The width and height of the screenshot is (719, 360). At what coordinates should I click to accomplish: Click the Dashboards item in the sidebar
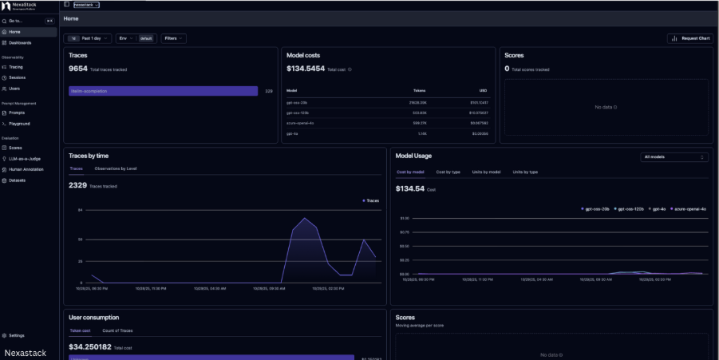pos(21,42)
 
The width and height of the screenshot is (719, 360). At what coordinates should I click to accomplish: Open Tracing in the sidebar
pos(17,67)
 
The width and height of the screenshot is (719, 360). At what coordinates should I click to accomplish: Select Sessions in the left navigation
pos(18,77)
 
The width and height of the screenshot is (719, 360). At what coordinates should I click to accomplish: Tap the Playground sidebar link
pos(20,124)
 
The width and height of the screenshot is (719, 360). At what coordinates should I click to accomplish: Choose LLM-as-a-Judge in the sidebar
pos(24,159)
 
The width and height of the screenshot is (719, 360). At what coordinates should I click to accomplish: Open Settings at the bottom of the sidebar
pos(17,335)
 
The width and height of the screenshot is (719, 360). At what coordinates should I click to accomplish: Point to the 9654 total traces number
pos(78,69)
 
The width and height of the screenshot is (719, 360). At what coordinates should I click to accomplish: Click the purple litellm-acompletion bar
pos(163,91)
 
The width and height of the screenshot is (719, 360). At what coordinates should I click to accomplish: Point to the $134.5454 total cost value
pos(306,69)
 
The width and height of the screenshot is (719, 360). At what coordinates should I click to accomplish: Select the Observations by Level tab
pos(116,169)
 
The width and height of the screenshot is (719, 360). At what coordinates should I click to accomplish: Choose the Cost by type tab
pos(448,172)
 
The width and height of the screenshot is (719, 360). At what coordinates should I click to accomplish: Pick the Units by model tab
pos(486,172)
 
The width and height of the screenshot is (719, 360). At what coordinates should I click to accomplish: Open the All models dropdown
pos(674,157)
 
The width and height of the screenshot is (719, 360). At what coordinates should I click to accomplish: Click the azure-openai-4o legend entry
pos(689,208)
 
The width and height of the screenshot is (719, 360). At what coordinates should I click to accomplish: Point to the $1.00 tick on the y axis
pos(404,218)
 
